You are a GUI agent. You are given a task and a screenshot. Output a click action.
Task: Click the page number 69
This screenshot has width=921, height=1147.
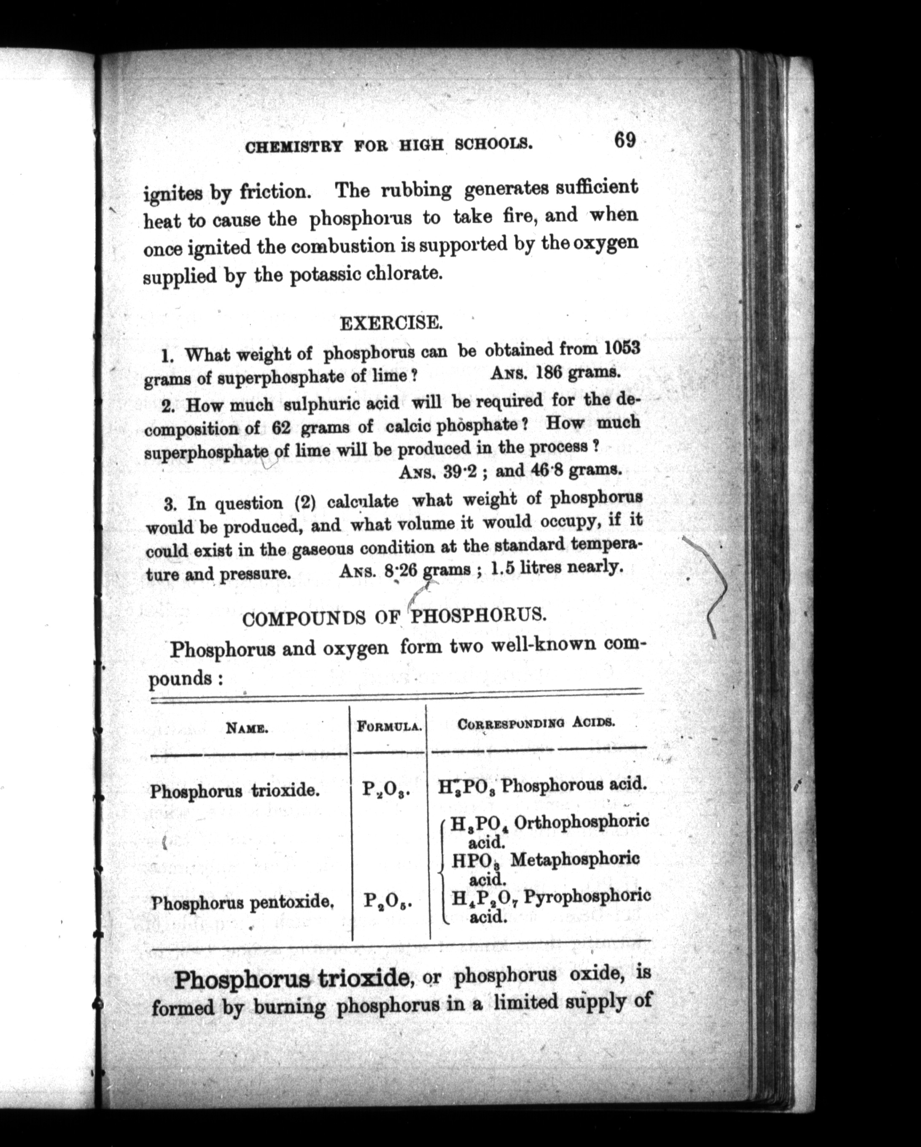625,141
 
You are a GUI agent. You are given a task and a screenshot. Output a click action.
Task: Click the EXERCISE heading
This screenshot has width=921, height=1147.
390,323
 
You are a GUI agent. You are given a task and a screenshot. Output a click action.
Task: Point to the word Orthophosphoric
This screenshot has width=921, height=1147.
582,822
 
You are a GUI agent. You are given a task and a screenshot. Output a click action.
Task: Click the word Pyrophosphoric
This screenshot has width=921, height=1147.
587,897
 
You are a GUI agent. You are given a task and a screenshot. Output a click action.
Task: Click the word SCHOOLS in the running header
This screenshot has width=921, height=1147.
494,144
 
